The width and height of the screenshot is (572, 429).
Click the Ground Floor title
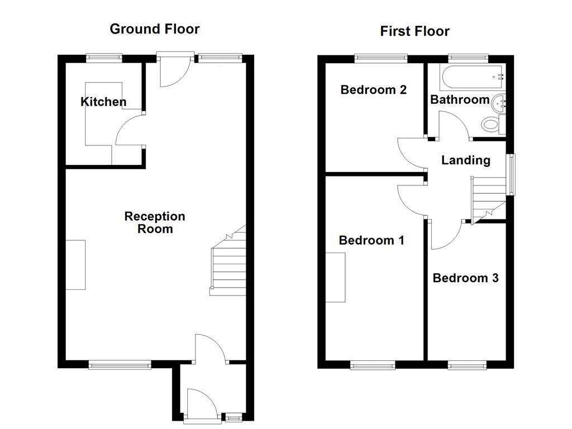tap(154, 29)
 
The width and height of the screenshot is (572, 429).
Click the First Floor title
tap(414, 31)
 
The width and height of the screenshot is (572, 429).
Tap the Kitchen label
tap(103, 102)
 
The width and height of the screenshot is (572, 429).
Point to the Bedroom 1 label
tap(371, 240)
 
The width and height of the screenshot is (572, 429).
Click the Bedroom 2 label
tap(373, 89)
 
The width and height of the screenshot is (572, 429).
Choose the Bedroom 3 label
tap(465, 278)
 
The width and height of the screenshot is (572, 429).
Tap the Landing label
tap(465, 160)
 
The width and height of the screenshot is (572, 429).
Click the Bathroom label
tap(460, 99)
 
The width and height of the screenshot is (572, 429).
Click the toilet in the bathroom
tap(492, 124)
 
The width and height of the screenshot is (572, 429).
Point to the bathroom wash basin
tap(499, 102)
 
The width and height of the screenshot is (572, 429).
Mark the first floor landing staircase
tap(487, 198)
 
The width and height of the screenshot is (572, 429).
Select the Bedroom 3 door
tap(445, 235)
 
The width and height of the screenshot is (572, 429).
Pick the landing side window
tap(510, 175)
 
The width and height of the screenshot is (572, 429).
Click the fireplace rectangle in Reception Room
tap(76, 265)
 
